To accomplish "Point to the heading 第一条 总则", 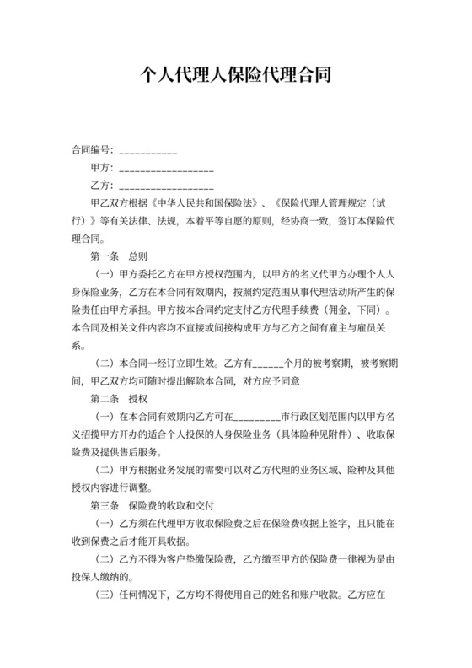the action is (x=117, y=254).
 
